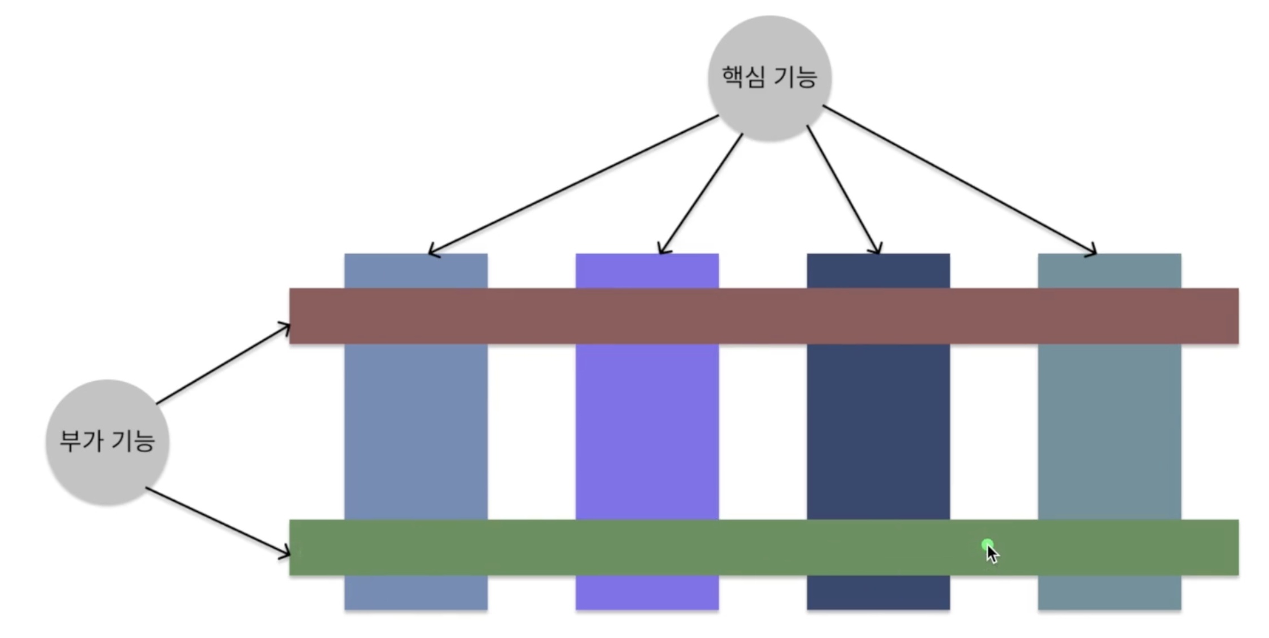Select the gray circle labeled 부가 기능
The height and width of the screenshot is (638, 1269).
click(x=107, y=474)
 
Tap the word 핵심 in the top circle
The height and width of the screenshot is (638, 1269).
click(x=743, y=76)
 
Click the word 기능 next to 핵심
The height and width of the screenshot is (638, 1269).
click(x=795, y=77)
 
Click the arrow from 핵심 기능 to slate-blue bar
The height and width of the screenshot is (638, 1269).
click(x=573, y=185)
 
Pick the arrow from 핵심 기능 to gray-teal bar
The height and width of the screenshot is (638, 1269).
click(x=960, y=180)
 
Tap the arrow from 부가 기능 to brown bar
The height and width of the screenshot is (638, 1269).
click(x=223, y=365)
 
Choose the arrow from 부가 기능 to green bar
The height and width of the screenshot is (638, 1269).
click(x=218, y=521)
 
